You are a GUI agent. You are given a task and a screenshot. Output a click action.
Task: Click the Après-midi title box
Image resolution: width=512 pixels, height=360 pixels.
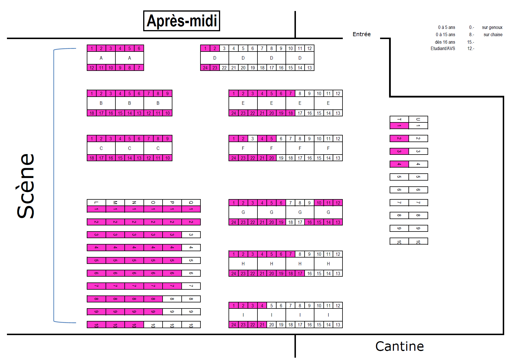[x=182, y=21]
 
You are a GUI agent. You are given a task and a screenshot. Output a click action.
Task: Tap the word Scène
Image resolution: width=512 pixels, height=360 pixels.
[x=26, y=186]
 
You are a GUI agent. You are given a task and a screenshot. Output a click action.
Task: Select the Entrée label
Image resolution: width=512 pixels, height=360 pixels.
[x=362, y=34]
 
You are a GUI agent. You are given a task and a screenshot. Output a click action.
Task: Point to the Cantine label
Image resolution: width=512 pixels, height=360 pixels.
[x=399, y=346]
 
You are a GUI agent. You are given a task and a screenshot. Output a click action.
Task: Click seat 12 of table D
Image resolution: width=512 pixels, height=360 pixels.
[x=310, y=48]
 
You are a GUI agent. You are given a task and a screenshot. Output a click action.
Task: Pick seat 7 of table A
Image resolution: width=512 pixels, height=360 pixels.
[x=139, y=68]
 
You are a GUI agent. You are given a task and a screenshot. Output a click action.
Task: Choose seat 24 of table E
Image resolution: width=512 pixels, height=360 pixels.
[x=233, y=113]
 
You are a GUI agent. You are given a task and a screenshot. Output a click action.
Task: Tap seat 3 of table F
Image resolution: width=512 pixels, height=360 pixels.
[x=253, y=139]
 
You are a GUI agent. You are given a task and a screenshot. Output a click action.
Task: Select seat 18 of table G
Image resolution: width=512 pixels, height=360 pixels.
[x=290, y=222]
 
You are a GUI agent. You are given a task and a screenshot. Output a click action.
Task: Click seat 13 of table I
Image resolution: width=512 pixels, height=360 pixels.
[x=338, y=325]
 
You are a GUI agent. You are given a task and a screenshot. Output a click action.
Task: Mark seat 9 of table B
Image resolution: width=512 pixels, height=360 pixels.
[x=167, y=93]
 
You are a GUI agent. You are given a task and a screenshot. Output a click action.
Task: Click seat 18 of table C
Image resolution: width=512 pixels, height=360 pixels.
[x=92, y=158]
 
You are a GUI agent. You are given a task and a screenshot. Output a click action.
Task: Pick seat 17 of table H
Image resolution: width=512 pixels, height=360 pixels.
[x=300, y=273]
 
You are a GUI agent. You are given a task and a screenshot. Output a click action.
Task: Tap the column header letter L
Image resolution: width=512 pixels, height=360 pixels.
[x=96, y=203]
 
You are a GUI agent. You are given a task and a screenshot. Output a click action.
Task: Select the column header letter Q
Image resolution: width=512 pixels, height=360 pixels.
[x=191, y=203]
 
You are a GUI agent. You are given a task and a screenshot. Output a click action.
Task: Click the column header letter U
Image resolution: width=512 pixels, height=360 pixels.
[x=418, y=119]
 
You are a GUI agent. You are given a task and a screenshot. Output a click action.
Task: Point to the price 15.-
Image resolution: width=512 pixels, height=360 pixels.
[x=471, y=42]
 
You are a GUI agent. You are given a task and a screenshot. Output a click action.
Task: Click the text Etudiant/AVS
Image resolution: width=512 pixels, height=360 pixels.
[x=443, y=49]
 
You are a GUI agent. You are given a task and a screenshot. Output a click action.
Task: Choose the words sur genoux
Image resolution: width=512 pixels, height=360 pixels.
[x=492, y=27]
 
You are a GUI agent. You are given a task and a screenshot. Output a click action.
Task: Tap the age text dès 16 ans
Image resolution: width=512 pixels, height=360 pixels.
[x=445, y=42]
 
